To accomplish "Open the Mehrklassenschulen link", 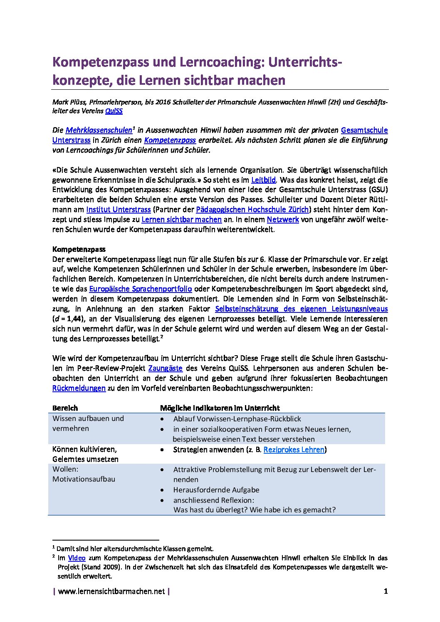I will click(99, 130).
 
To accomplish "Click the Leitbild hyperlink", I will click(264, 180).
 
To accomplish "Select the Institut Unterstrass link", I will click(118, 209).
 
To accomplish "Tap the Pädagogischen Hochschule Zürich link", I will click(252, 209).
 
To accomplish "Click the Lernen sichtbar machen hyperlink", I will click(181, 219).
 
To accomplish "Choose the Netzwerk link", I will click(283, 219).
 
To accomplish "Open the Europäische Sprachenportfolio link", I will click(141, 289).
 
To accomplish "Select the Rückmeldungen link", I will click(79, 388).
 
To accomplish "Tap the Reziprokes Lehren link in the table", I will click(294, 450).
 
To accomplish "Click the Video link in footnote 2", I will click(77, 558).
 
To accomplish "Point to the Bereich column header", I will click(65, 408).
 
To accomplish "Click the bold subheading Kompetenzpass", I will click(79, 249).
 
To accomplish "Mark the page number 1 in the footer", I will click(386, 591).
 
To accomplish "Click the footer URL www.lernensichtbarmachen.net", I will click(111, 591).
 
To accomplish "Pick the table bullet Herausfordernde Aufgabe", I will click(216, 490).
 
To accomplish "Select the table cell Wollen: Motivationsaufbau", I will click(84, 474).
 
